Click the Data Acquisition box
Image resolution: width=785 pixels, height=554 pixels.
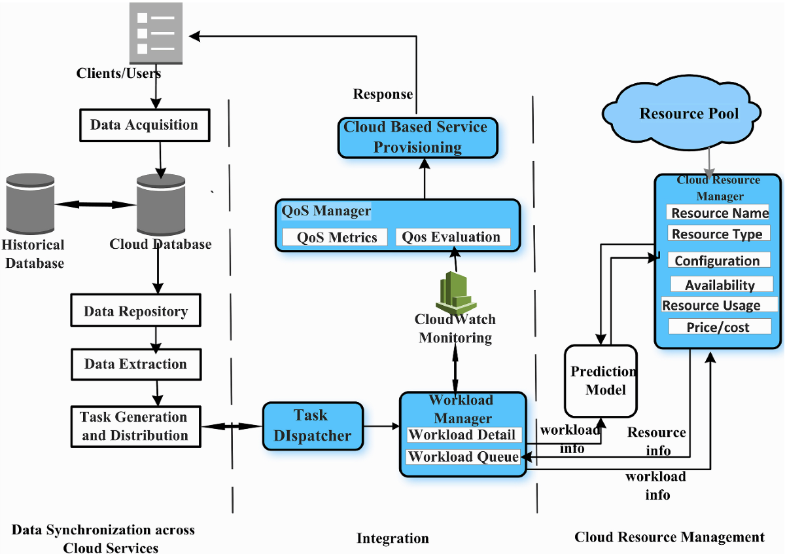tap(145, 124)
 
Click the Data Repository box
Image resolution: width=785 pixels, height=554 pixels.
tap(135, 311)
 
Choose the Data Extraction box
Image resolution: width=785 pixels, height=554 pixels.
tap(135, 363)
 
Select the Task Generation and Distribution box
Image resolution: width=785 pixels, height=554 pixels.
tap(134, 426)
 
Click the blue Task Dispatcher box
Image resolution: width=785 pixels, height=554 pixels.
tap(313, 426)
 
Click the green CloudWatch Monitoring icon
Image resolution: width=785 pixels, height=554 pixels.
tap(454, 292)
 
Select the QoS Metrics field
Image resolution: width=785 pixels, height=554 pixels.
tap(335, 237)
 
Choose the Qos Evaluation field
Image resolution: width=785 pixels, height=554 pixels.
tap(451, 237)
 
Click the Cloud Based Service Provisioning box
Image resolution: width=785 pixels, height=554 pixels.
tap(417, 137)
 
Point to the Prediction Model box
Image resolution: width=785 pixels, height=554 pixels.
tap(601, 380)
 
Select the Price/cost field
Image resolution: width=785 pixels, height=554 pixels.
tap(718, 327)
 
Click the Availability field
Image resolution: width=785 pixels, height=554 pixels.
tap(720, 285)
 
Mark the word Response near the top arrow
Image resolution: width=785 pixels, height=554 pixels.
tap(383, 94)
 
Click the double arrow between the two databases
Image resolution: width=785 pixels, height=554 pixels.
tap(95, 205)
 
